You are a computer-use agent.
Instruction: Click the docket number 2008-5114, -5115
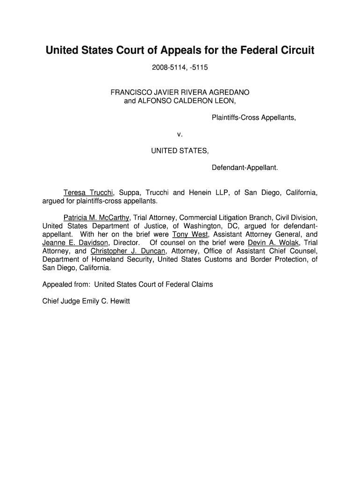coord(180,68)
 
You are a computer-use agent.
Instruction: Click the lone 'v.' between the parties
coord(180,134)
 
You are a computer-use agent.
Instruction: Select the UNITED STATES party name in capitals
coord(180,151)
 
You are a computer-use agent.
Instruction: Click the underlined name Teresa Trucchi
coord(88,193)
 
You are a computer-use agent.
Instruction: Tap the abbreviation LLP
coord(223,193)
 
